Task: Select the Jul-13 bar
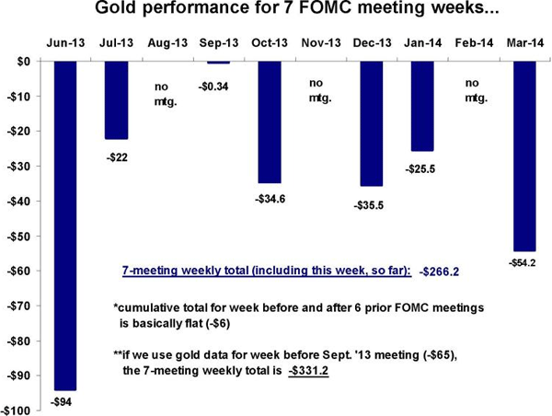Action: [x=117, y=99]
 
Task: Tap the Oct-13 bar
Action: [x=270, y=121]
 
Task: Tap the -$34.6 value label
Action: [x=268, y=197]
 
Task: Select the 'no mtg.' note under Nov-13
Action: [x=320, y=87]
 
